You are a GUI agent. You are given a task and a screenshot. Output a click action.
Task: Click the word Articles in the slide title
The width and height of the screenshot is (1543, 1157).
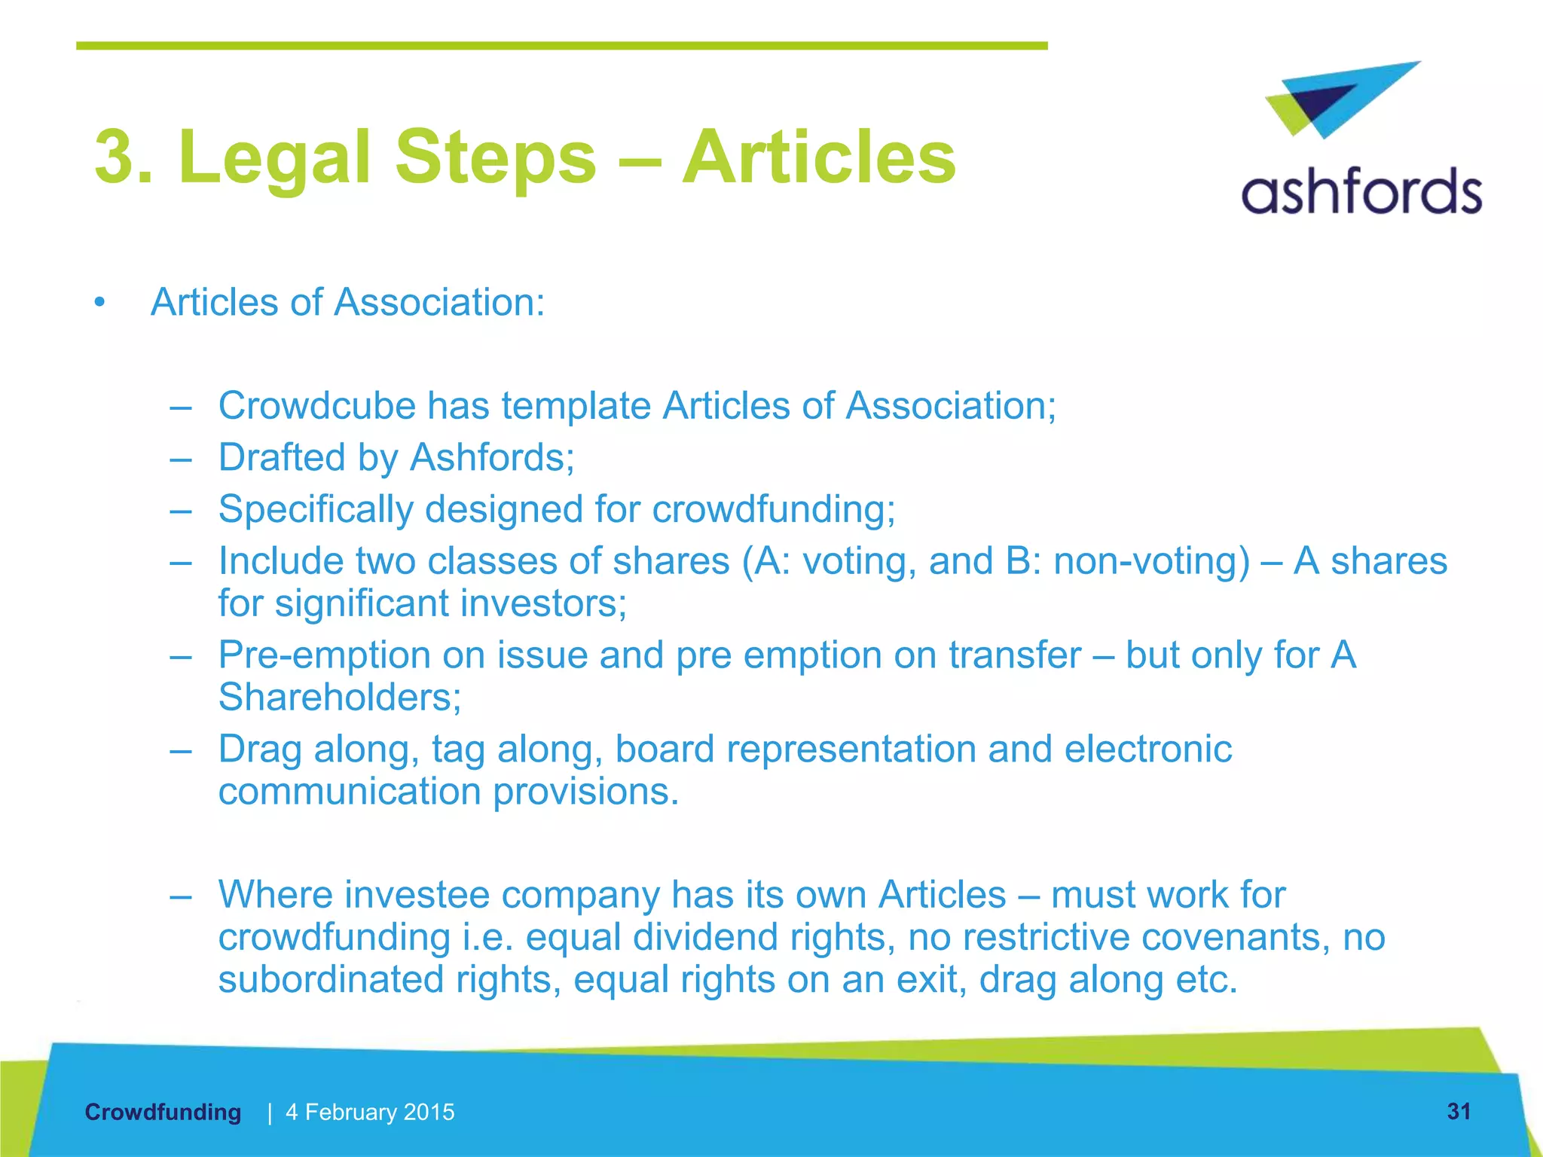pos(818,157)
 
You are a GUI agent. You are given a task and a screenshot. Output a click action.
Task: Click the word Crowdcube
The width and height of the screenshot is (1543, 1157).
pos(316,406)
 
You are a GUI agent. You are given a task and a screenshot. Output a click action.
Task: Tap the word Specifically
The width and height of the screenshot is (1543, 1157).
pos(316,509)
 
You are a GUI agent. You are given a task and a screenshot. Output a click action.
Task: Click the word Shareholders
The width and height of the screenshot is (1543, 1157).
pos(339,698)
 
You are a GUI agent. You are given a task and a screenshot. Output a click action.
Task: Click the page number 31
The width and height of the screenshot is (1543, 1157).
pos(1459,1111)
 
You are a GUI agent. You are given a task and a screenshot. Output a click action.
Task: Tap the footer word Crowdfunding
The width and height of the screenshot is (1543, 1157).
pos(163,1112)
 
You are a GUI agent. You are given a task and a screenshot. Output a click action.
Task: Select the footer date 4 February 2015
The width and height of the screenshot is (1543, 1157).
pos(370,1112)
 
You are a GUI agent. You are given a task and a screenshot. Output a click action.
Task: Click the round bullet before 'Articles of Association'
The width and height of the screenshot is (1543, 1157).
pos(99,303)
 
